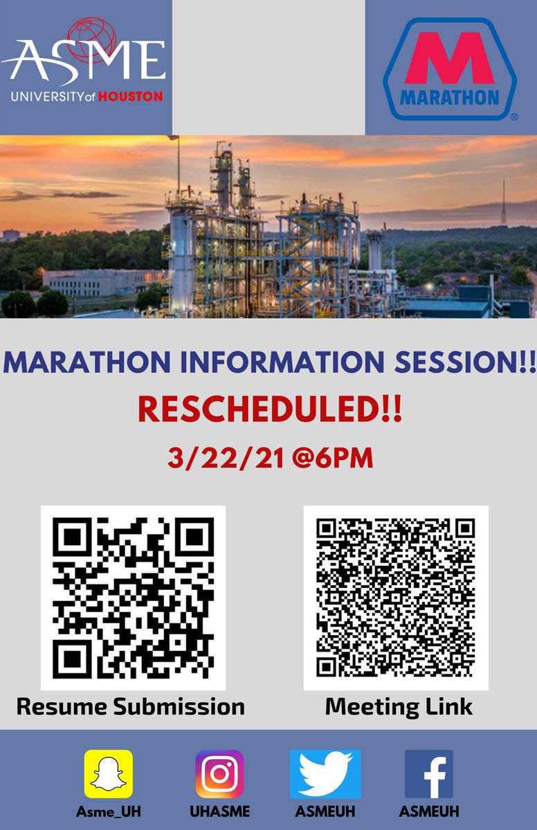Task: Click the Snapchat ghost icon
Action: [108, 773]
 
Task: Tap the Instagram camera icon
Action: [219, 773]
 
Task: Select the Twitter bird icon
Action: [325, 773]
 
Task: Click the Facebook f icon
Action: [429, 773]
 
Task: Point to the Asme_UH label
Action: [108, 811]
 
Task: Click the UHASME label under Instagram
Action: [219, 811]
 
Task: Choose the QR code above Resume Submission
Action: [133, 598]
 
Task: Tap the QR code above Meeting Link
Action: [396, 598]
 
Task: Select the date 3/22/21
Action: [225, 458]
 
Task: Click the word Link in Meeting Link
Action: [448, 706]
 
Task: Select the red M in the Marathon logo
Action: [450, 61]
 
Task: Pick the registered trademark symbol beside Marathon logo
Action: [514, 118]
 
